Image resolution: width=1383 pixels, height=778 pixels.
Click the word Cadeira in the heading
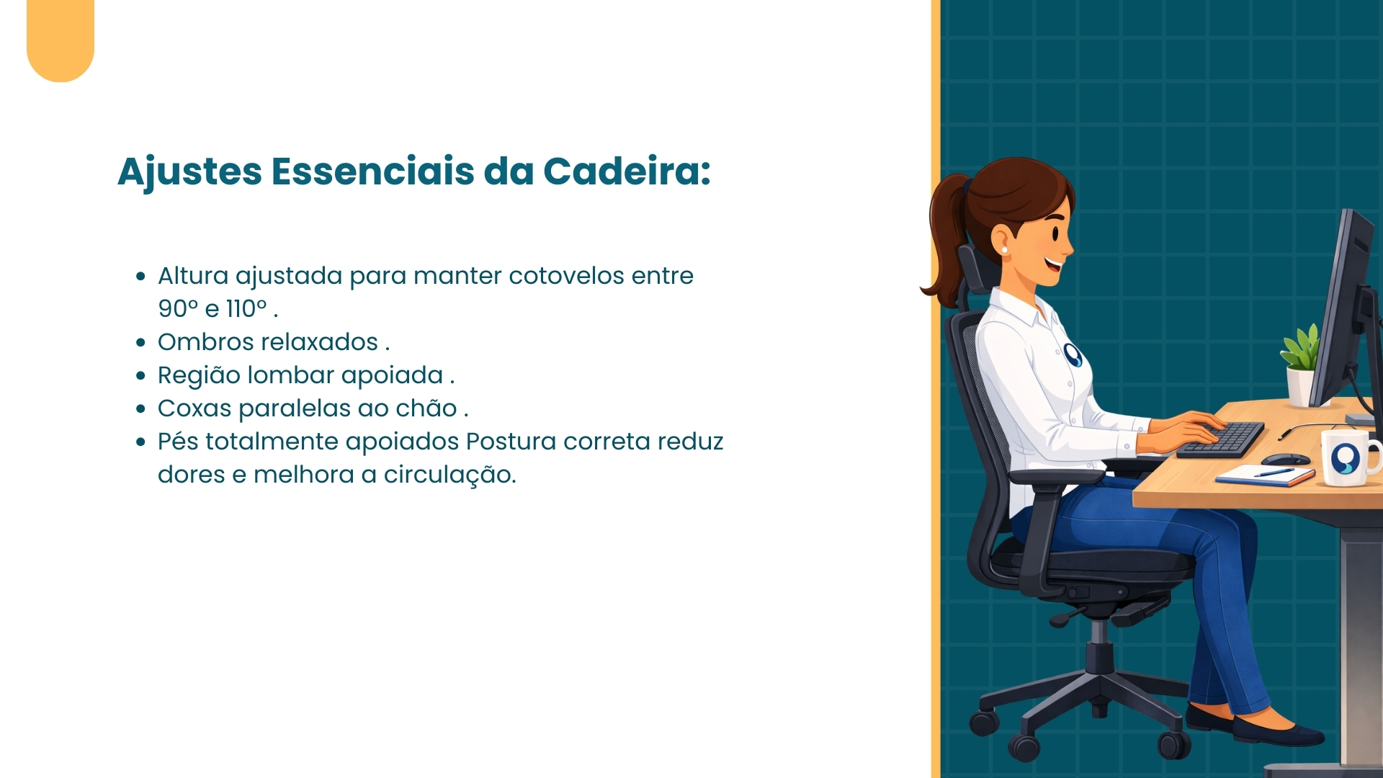tap(627, 171)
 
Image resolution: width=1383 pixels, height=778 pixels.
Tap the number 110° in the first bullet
tap(246, 308)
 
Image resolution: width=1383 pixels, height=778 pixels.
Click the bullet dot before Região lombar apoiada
tap(141, 376)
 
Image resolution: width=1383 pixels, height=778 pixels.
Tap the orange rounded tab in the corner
tap(61, 40)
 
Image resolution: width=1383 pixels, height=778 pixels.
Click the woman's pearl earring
tap(1004, 250)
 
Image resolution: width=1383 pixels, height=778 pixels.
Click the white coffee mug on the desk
tap(1349, 456)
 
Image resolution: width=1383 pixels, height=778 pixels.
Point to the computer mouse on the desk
tap(1286, 459)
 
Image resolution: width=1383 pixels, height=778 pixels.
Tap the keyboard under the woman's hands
tap(1221, 440)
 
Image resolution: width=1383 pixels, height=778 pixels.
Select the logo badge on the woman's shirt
tap(1073, 354)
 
